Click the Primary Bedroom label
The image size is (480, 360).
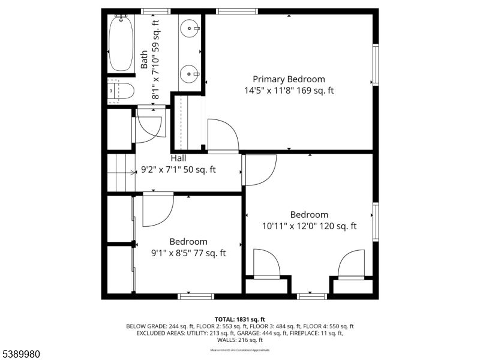(x=289, y=79)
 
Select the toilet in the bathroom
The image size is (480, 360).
(x=121, y=91)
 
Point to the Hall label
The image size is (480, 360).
(x=178, y=158)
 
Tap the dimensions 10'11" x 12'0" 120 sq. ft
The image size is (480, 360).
(x=309, y=226)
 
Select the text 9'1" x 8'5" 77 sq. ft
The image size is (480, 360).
(x=188, y=253)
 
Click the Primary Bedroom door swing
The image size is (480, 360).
(x=222, y=134)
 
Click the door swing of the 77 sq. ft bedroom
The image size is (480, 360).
(x=158, y=209)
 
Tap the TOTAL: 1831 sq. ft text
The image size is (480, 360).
(x=240, y=319)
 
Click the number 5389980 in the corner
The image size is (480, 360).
(x=21, y=354)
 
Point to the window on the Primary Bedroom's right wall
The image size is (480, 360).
(x=376, y=64)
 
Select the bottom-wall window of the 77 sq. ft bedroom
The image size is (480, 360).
(x=196, y=296)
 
